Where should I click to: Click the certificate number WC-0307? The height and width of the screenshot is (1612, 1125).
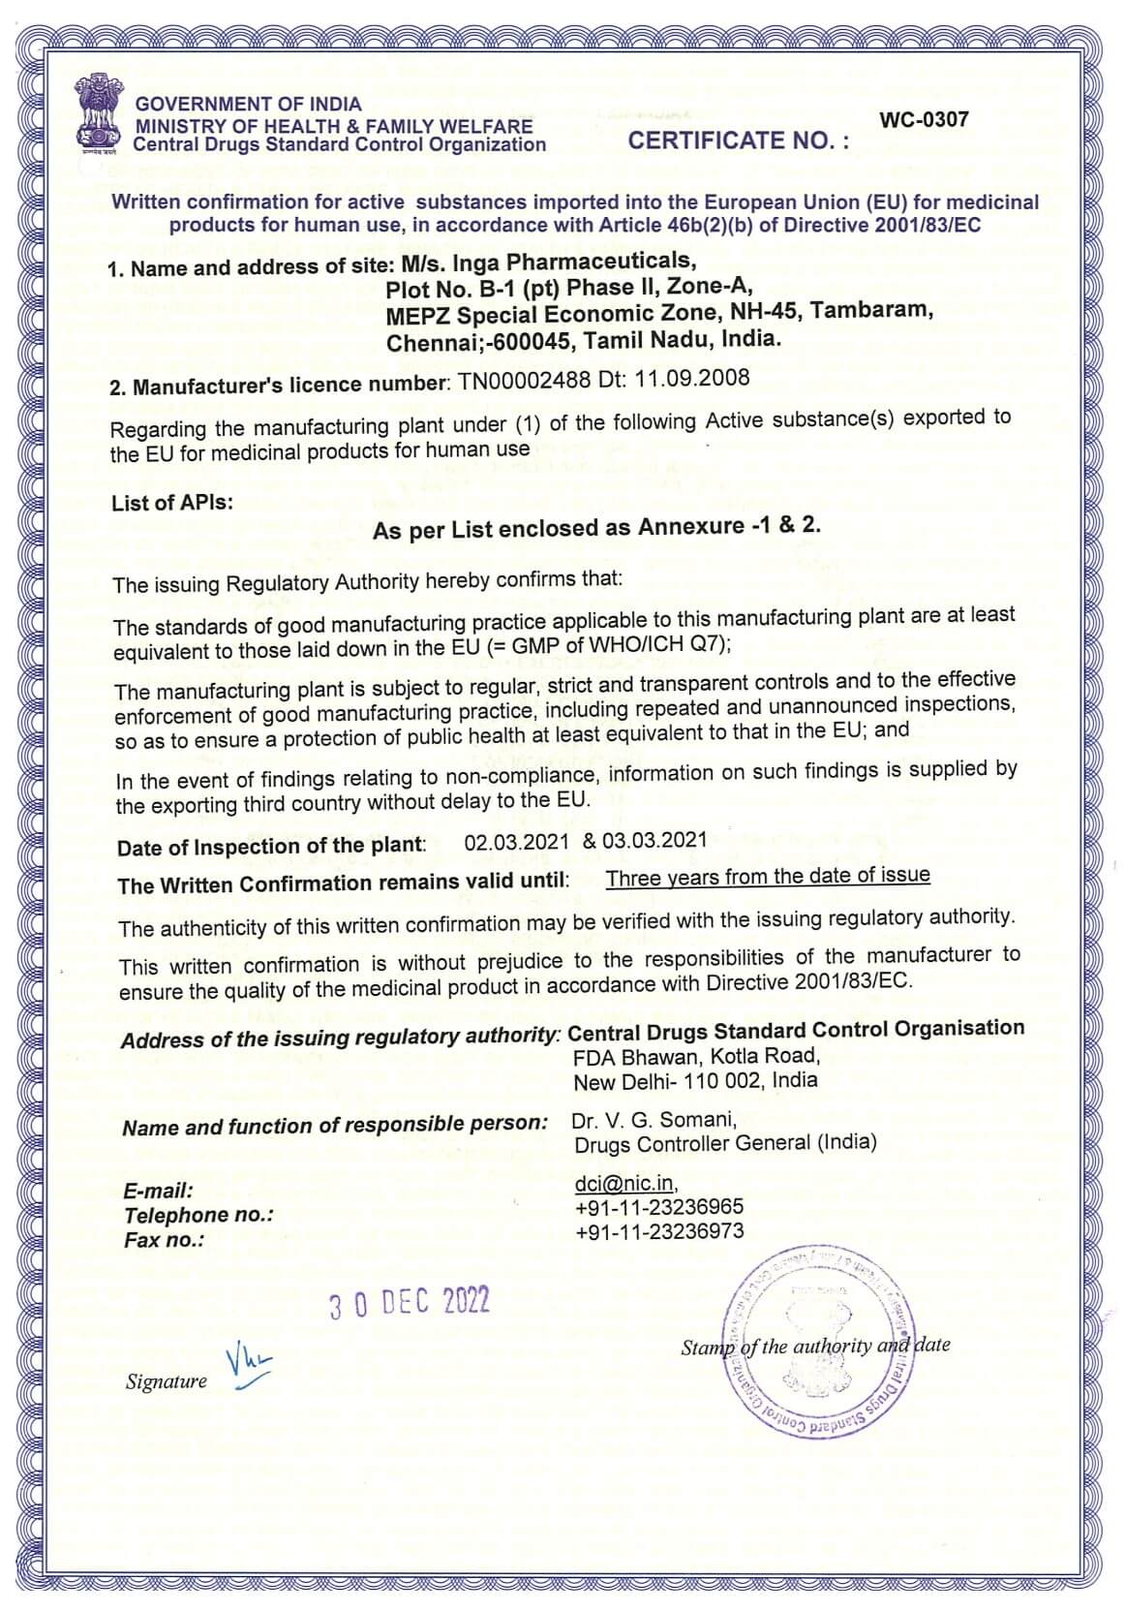point(923,120)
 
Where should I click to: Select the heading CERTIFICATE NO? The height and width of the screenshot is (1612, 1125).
point(738,141)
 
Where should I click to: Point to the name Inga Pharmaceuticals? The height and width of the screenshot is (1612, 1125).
point(573,262)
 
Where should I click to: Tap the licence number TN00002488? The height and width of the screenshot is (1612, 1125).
point(524,381)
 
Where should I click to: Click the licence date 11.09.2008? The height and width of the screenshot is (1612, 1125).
point(691,377)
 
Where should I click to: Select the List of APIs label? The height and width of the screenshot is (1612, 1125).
point(172,503)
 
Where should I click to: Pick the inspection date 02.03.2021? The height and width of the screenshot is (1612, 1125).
point(516,842)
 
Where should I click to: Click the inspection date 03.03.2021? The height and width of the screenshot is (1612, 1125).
point(654,840)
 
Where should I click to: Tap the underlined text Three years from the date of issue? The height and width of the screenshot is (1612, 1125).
point(767,877)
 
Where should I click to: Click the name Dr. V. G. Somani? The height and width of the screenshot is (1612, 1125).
point(654,1121)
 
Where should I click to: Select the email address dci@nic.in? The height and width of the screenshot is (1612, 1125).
point(623,1183)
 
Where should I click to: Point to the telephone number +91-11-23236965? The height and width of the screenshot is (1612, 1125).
point(658,1207)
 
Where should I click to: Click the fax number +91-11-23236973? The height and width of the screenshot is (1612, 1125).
point(658,1232)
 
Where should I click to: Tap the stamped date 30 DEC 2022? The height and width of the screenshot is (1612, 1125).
point(410,1304)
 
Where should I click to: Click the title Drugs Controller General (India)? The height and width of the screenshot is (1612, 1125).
point(725,1144)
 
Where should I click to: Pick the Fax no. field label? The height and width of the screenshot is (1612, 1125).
point(164,1241)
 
